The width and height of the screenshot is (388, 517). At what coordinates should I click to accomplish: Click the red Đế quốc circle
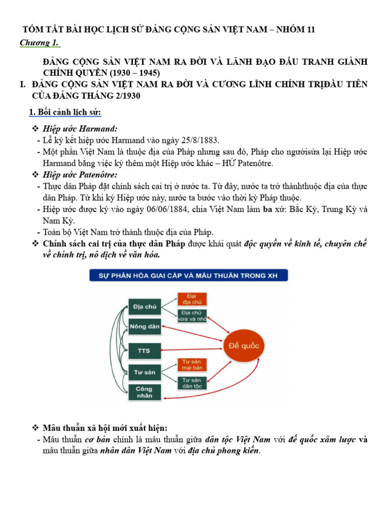point(244,346)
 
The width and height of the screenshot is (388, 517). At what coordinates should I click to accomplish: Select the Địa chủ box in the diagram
point(144,306)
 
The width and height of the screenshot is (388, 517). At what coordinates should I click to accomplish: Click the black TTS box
point(144,349)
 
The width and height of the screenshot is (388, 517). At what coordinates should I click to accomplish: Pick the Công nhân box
point(144,392)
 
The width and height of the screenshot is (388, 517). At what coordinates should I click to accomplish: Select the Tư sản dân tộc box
point(190,383)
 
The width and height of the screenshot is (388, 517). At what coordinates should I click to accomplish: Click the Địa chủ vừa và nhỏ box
point(190,316)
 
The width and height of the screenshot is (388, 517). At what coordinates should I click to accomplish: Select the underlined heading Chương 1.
point(40,43)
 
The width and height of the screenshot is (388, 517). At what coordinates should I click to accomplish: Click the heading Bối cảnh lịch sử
point(66,111)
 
